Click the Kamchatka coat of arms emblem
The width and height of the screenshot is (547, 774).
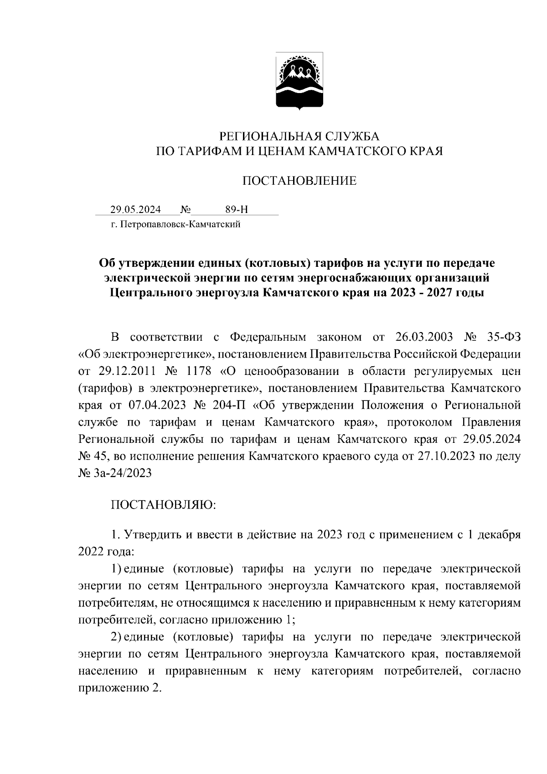pos(299,82)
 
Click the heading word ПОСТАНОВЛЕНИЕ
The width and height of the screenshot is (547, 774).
pos(299,182)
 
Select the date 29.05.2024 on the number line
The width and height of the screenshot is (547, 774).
pos(135,210)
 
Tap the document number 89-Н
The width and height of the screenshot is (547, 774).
pos(237,210)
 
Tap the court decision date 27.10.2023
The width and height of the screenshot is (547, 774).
pos(442,456)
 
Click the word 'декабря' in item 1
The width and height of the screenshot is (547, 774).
pos(498,535)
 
